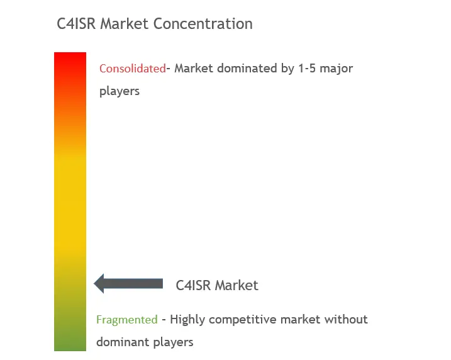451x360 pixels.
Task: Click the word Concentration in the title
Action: tap(203, 23)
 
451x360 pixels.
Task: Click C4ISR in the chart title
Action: tap(76, 23)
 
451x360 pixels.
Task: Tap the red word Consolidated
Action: tap(133, 69)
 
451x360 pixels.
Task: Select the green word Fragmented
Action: tap(127, 320)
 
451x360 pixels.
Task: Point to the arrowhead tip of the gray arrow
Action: tap(94, 284)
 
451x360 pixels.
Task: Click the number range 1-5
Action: tap(307, 69)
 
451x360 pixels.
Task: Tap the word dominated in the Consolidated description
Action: tap(243, 69)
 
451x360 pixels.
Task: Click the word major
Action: tap(337, 69)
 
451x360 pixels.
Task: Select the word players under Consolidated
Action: tap(120, 91)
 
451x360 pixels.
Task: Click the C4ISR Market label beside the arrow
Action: tap(217, 285)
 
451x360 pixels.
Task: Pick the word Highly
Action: tap(187, 320)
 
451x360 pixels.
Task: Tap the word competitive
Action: tap(242, 320)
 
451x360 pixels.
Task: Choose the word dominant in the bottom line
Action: tap(123, 342)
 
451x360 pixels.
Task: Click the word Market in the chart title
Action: tap(125, 23)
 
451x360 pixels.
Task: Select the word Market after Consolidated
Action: tap(194, 69)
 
